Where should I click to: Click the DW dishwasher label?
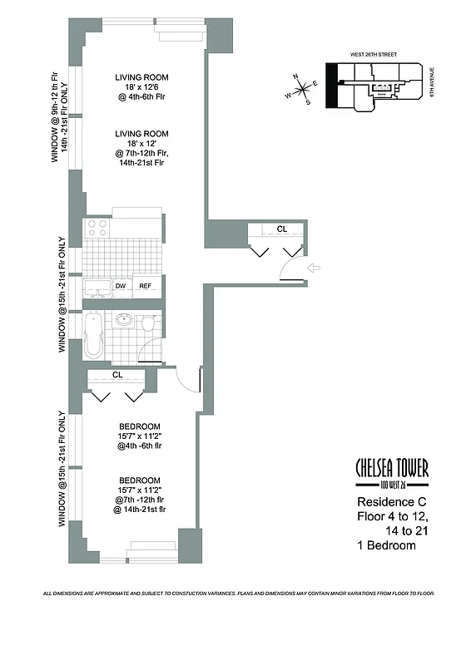tap(120, 286)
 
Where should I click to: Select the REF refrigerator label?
tap(145, 286)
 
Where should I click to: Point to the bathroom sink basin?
tap(124, 320)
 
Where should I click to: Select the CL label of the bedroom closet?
tap(117, 375)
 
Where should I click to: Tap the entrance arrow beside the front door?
tap(314, 268)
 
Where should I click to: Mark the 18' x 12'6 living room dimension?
tap(141, 91)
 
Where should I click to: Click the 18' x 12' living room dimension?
tap(141, 145)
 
